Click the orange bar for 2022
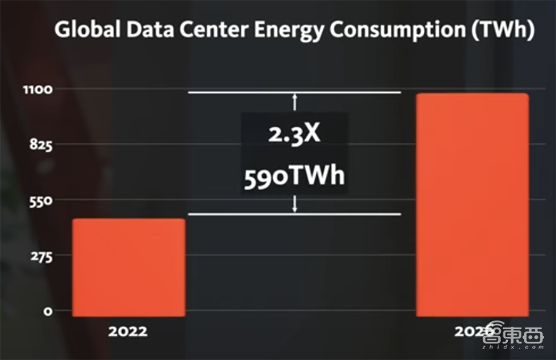[x=129, y=267]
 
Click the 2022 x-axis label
[x=128, y=332]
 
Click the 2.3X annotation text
[x=295, y=135]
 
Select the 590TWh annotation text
[x=295, y=176]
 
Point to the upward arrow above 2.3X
[x=295, y=102]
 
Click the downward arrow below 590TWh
[x=295, y=204]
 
